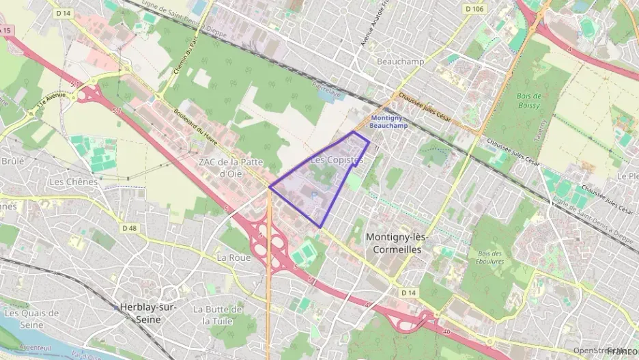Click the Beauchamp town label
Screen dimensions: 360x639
tap(400, 61)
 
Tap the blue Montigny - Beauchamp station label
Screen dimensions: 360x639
tap(388, 121)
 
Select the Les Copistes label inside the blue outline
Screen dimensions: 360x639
tap(337, 159)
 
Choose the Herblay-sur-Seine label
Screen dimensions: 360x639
tap(148, 313)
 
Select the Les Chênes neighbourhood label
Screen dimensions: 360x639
tap(73, 182)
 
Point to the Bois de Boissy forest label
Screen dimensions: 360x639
tap(529, 100)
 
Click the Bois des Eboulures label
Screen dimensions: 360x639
tap(490, 258)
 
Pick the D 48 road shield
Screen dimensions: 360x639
tap(129, 227)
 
